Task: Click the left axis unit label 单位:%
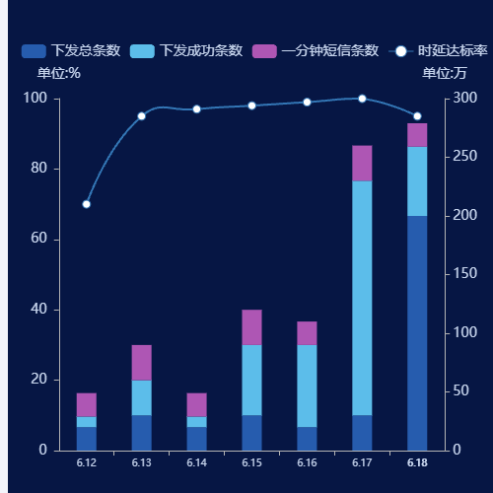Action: point(59,72)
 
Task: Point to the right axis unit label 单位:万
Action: point(444,72)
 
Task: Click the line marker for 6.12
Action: point(86,204)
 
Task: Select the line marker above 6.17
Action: point(362,99)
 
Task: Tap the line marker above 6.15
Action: point(251,106)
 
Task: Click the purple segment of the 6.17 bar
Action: point(362,164)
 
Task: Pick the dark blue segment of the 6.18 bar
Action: point(417,332)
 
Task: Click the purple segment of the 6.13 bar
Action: point(141,362)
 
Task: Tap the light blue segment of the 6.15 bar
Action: point(251,380)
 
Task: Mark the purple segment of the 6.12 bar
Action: point(86,404)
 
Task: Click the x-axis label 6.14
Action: point(196,462)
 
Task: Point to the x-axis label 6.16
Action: point(307,462)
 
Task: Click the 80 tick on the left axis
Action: point(40,169)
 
